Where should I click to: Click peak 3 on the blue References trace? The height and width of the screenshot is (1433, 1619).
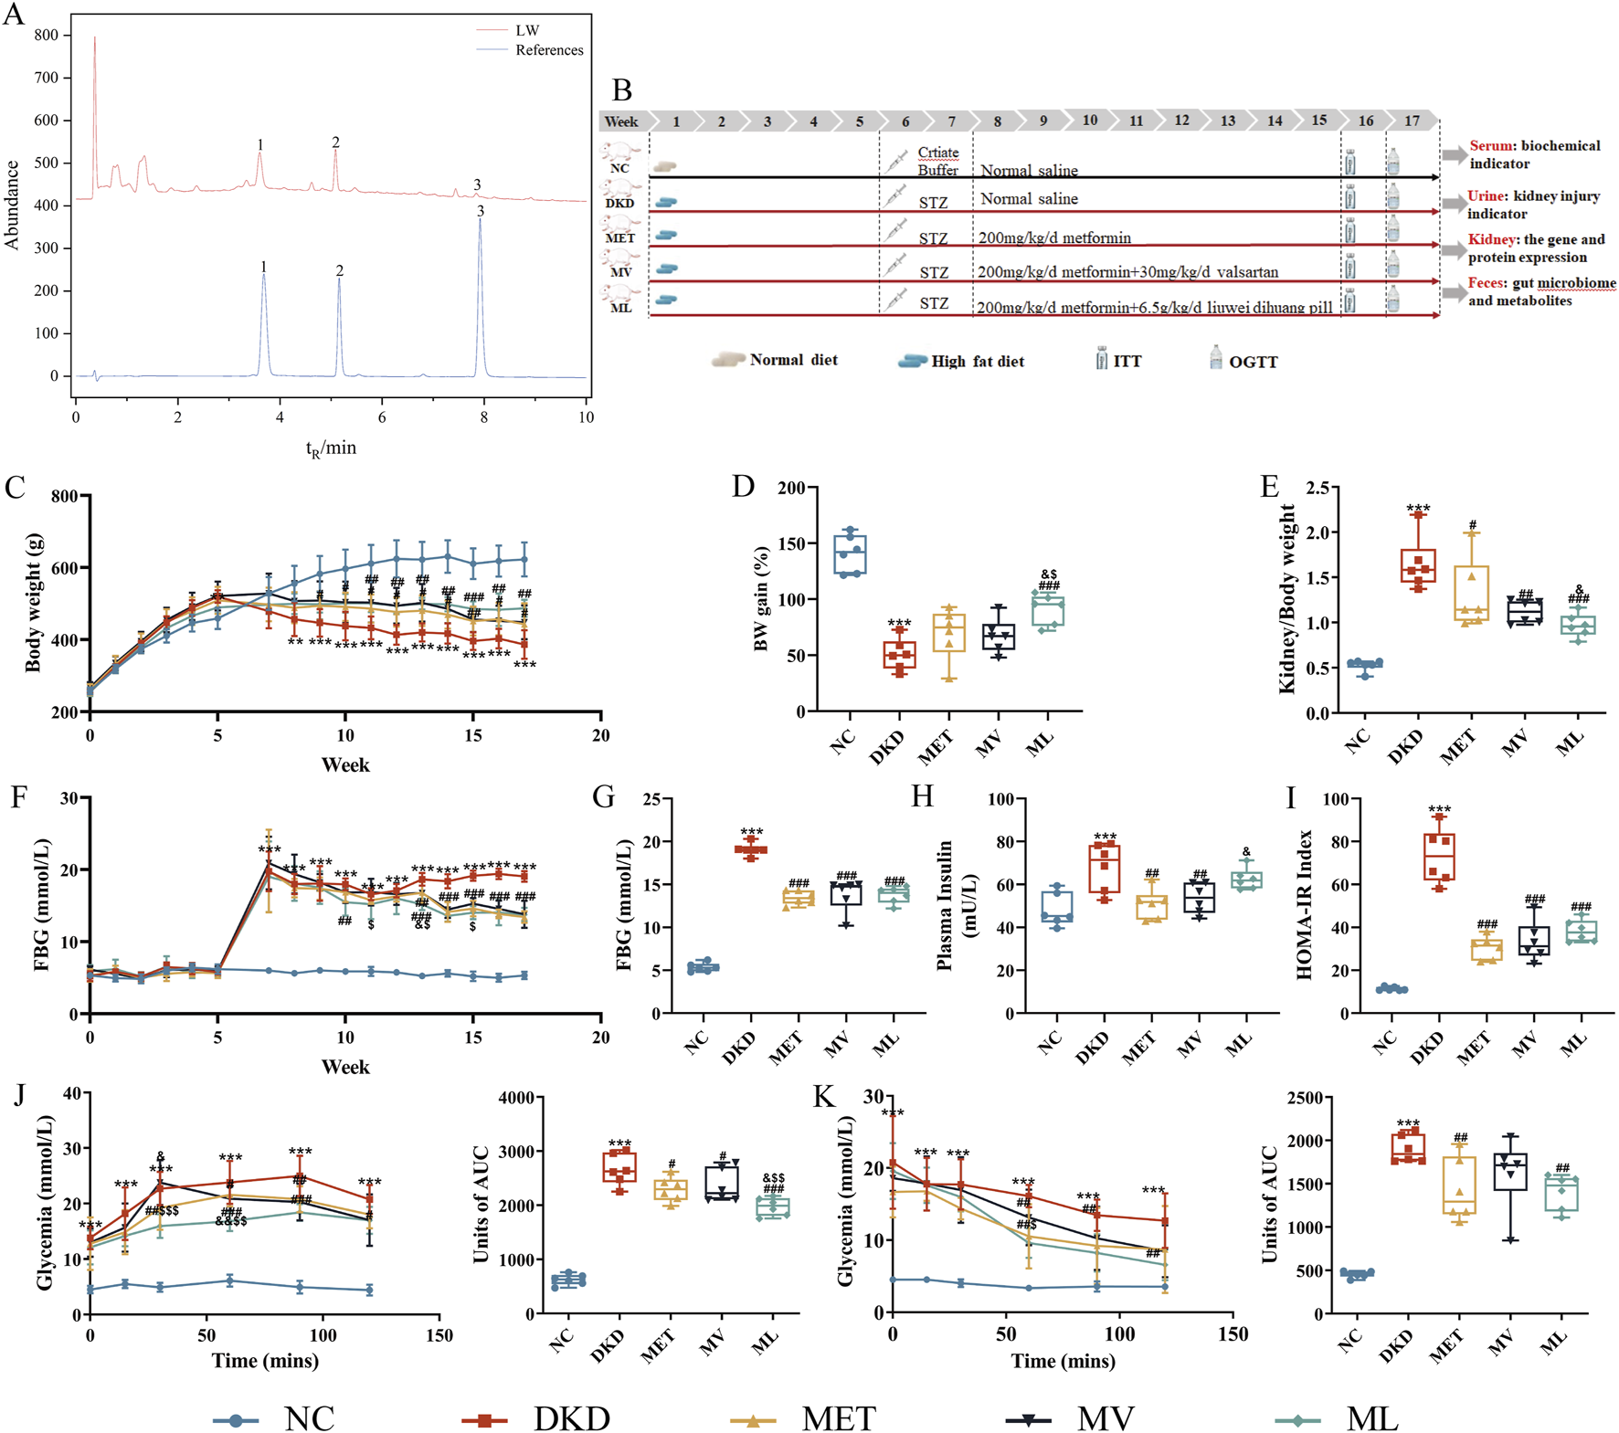click(481, 219)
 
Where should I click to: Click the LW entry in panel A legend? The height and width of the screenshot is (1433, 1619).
click(527, 30)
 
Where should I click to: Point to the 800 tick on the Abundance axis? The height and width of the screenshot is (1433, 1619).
click(46, 35)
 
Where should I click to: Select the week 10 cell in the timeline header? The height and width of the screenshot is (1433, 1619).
click(1089, 121)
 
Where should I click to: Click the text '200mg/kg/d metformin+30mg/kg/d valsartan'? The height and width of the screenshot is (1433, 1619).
click(1127, 272)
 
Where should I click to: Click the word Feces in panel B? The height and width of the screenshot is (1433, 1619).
click(1487, 283)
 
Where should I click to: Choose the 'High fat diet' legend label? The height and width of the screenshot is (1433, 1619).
click(977, 362)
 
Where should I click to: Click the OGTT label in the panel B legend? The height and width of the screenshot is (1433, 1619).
click(1253, 363)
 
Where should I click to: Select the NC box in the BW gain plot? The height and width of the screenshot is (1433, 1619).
click(851, 555)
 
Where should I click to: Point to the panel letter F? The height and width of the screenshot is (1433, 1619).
click(18, 797)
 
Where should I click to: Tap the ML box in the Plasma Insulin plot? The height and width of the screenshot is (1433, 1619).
click(1246, 880)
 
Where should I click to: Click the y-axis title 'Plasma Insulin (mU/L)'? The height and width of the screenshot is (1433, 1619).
click(956, 904)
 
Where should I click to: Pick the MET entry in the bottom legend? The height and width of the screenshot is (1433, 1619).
click(837, 1419)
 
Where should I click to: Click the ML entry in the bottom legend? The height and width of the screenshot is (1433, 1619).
click(1370, 1419)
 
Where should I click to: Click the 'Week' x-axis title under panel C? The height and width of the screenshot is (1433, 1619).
click(344, 765)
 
